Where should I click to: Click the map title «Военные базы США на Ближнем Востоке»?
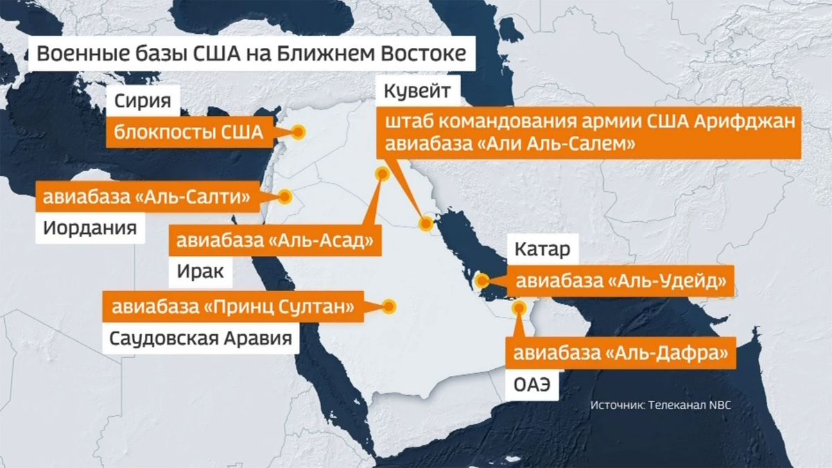251,53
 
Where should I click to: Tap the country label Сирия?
143,101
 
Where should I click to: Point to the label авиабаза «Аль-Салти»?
147,197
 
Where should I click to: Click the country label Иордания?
90,228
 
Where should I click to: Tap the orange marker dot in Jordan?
285,197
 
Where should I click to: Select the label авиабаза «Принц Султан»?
234,306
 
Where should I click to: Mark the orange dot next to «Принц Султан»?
389,306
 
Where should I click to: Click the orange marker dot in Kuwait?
426,223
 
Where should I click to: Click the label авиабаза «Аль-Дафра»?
619,354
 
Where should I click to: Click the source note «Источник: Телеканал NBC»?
661,405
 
